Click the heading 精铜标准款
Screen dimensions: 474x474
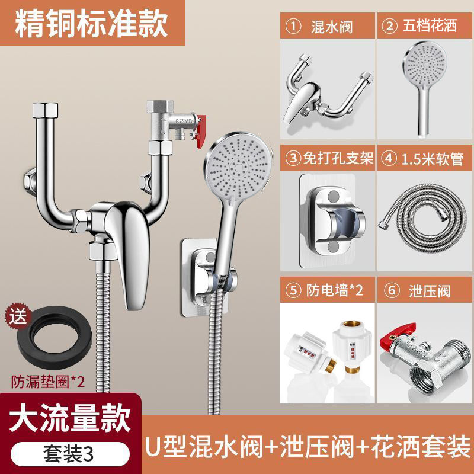[91, 24]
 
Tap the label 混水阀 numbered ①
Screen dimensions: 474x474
[332, 27]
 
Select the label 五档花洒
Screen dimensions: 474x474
[430, 25]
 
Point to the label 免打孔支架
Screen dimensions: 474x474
[338, 158]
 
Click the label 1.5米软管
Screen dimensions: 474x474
[433, 159]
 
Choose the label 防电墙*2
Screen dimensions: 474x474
[335, 290]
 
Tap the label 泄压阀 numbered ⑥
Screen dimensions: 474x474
[430, 291]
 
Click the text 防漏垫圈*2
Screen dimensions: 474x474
[48, 382]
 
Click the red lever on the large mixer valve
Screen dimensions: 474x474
[201, 131]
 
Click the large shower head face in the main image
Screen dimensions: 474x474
[239, 167]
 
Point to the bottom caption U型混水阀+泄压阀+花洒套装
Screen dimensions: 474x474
[308, 446]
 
